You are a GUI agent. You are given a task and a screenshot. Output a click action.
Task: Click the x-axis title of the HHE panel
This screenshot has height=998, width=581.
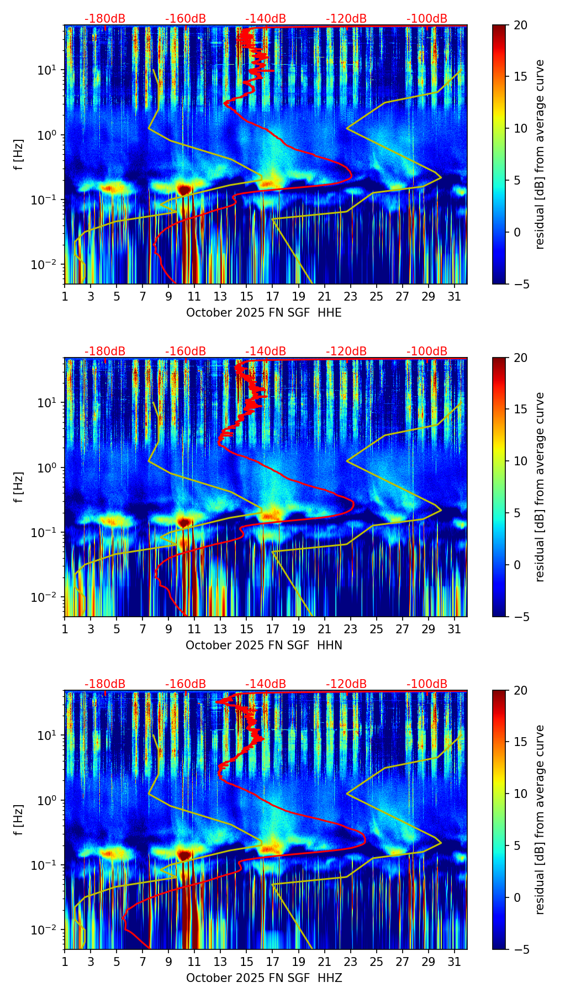click(263, 313)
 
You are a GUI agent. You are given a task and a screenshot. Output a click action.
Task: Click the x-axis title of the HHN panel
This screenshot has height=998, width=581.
click(263, 645)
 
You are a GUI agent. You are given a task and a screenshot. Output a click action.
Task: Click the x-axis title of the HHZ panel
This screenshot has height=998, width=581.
click(263, 978)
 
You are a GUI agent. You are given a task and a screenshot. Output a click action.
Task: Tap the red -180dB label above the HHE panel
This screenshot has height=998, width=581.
click(105, 19)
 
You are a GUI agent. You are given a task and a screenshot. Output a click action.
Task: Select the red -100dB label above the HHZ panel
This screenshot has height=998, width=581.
click(427, 684)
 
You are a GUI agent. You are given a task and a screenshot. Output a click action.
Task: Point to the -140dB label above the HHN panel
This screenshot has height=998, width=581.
click(266, 351)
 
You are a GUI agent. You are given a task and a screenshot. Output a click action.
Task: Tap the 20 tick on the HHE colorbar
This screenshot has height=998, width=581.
click(519, 25)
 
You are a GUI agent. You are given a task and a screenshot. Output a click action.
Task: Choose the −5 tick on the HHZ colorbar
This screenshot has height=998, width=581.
click(519, 949)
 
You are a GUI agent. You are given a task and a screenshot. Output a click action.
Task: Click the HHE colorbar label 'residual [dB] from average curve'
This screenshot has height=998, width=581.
click(540, 154)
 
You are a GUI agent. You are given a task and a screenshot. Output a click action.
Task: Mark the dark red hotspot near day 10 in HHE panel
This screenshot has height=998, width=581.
click(184, 190)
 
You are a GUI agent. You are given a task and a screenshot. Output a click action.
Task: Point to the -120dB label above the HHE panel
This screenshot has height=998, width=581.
click(346, 19)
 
